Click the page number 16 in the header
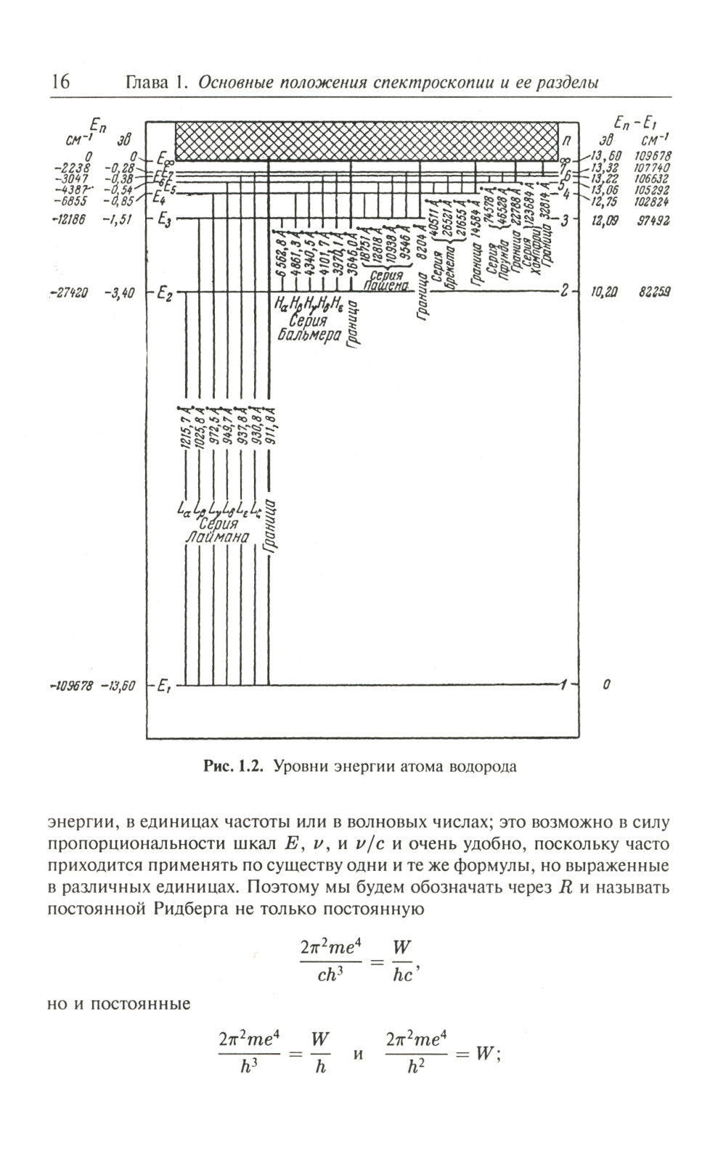pos(60,82)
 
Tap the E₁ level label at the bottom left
pos(163,686)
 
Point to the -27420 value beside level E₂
pos(68,293)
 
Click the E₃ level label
pos(163,220)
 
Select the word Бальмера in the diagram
pos(310,335)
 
